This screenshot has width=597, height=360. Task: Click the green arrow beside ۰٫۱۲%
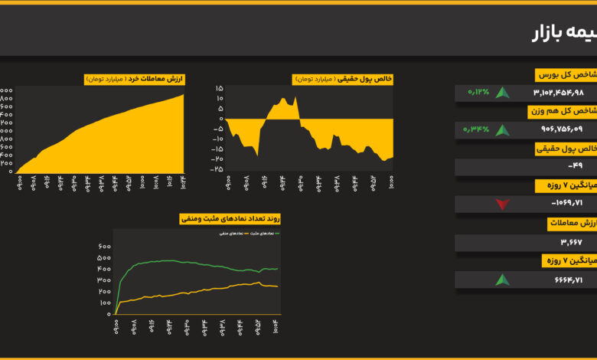tap(502, 93)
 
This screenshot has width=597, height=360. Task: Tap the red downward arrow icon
tap(502, 204)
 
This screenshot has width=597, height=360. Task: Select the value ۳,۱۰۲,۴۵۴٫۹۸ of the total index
tap(558, 93)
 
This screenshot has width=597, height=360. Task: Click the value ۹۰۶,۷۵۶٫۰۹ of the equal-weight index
tap(561, 129)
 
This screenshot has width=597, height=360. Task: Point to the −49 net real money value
tap(575, 167)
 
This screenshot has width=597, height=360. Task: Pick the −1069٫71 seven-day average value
tap(567, 204)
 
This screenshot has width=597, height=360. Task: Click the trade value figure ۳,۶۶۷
tap(570, 243)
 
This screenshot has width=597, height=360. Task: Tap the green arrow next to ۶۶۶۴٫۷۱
tap(502, 280)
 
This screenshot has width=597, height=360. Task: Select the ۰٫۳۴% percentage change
tap(475, 129)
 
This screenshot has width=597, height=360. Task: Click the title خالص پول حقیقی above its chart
tap(343, 79)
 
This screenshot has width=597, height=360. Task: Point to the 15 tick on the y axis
tap(219, 88)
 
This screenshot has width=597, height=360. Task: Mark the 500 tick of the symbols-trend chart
tap(103, 258)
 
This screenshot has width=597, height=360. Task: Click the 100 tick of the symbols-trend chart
tap(103, 303)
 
